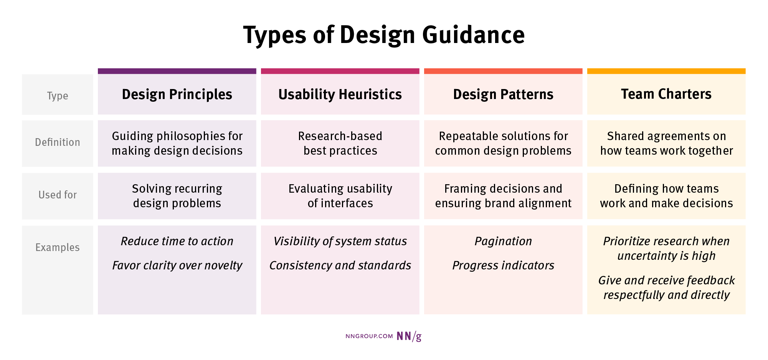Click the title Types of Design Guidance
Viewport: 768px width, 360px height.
[x=384, y=35]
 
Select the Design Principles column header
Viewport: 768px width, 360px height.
[x=177, y=94]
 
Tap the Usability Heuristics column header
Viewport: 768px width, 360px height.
[x=340, y=94]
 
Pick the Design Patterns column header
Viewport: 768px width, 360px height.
[x=503, y=94]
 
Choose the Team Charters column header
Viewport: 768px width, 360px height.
[x=666, y=94]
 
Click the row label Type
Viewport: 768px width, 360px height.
[x=58, y=96]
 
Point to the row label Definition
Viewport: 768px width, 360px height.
[x=58, y=142]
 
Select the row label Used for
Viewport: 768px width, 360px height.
[x=58, y=195]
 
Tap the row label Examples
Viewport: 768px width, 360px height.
[x=58, y=248]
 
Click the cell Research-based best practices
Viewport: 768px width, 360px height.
[x=340, y=143]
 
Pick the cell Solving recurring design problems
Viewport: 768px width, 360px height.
[x=177, y=196]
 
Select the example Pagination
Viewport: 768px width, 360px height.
[x=503, y=241]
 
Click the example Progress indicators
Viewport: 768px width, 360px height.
[x=503, y=265]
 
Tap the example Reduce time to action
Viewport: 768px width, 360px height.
[x=177, y=241]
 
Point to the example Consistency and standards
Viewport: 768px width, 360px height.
[x=340, y=265]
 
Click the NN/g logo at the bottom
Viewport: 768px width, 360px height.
[x=409, y=336]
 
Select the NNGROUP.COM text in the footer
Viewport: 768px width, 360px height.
[x=369, y=336]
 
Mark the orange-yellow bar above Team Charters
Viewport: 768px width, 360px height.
[x=666, y=71]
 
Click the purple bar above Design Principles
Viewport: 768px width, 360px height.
[x=177, y=71]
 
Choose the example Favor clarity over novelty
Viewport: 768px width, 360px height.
[x=177, y=265]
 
